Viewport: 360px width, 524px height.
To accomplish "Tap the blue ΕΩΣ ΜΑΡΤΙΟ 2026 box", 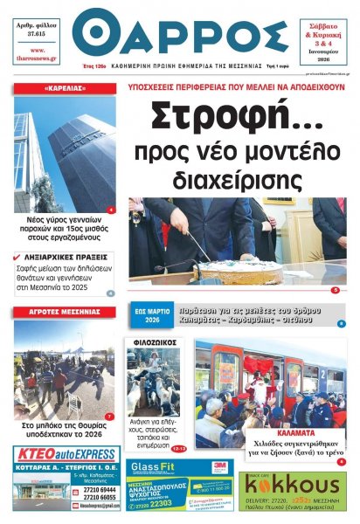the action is (149, 315).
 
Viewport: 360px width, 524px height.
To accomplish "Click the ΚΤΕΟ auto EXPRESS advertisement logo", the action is (66, 453).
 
